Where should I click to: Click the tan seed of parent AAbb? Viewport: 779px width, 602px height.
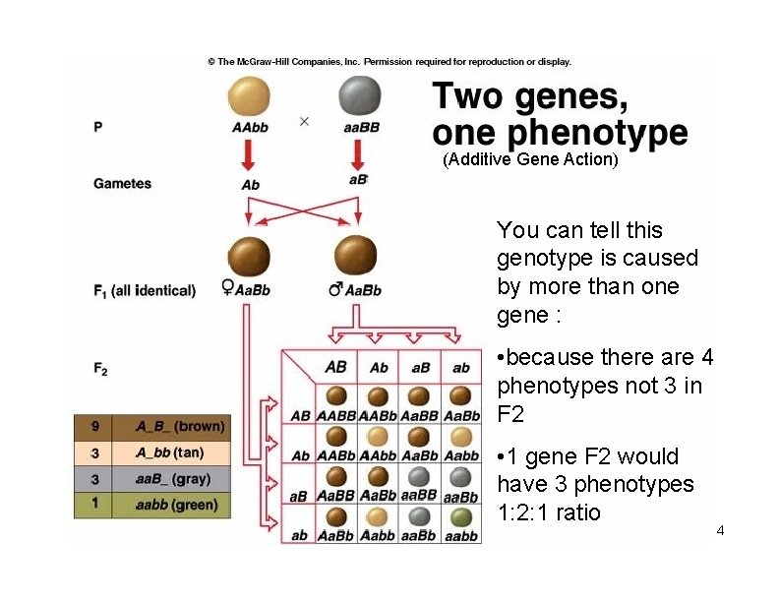[x=250, y=97]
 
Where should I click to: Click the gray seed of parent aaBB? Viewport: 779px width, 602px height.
[x=360, y=97]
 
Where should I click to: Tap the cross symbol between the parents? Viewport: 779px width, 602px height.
[x=304, y=121]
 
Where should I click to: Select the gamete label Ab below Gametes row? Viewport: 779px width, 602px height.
[x=251, y=184]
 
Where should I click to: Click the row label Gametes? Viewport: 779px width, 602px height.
[x=123, y=183]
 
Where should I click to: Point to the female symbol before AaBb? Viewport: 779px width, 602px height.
[x=228, y=289]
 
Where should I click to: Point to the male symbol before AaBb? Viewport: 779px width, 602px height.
[x=335, y=289]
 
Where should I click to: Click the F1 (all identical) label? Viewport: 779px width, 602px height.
[x=145, y=290]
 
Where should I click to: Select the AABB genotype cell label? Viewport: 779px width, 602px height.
[x=336, y=416]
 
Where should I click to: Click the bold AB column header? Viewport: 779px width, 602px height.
[x=335, y=367]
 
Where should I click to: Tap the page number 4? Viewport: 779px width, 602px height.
[x=720, y=531]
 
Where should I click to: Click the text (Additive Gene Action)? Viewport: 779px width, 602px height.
[x=530, y=159]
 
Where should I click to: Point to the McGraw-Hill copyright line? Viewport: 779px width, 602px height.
[x=389, y=61]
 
